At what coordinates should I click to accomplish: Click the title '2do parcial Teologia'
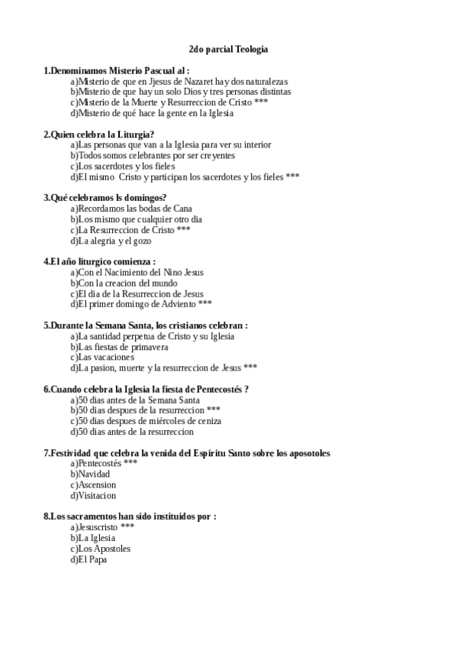pyautogui.click(x=228, y=50)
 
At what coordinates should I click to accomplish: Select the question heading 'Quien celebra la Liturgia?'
pyautogui.click(x=99, y=134)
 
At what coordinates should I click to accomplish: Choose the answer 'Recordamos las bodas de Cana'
pyautogui.click(x=130, y=209)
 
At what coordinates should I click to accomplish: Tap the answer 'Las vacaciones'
pyautogui.click(x=106, y=357)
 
